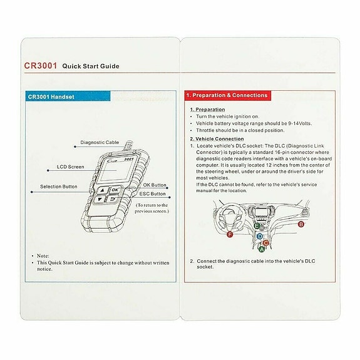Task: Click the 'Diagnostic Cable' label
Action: point(100,143)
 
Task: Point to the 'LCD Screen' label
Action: point(69,167)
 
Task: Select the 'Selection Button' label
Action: point(59,187)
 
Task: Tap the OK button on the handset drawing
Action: point(115,190)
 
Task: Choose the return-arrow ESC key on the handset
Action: point(114,201)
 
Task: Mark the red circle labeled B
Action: point(301,224)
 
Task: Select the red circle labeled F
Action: point(230,235)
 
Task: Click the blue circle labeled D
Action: point(260,236)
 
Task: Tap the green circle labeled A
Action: point(262,249)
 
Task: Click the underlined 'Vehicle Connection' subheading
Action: point(218,138)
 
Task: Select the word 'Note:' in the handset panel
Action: point(43,256)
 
